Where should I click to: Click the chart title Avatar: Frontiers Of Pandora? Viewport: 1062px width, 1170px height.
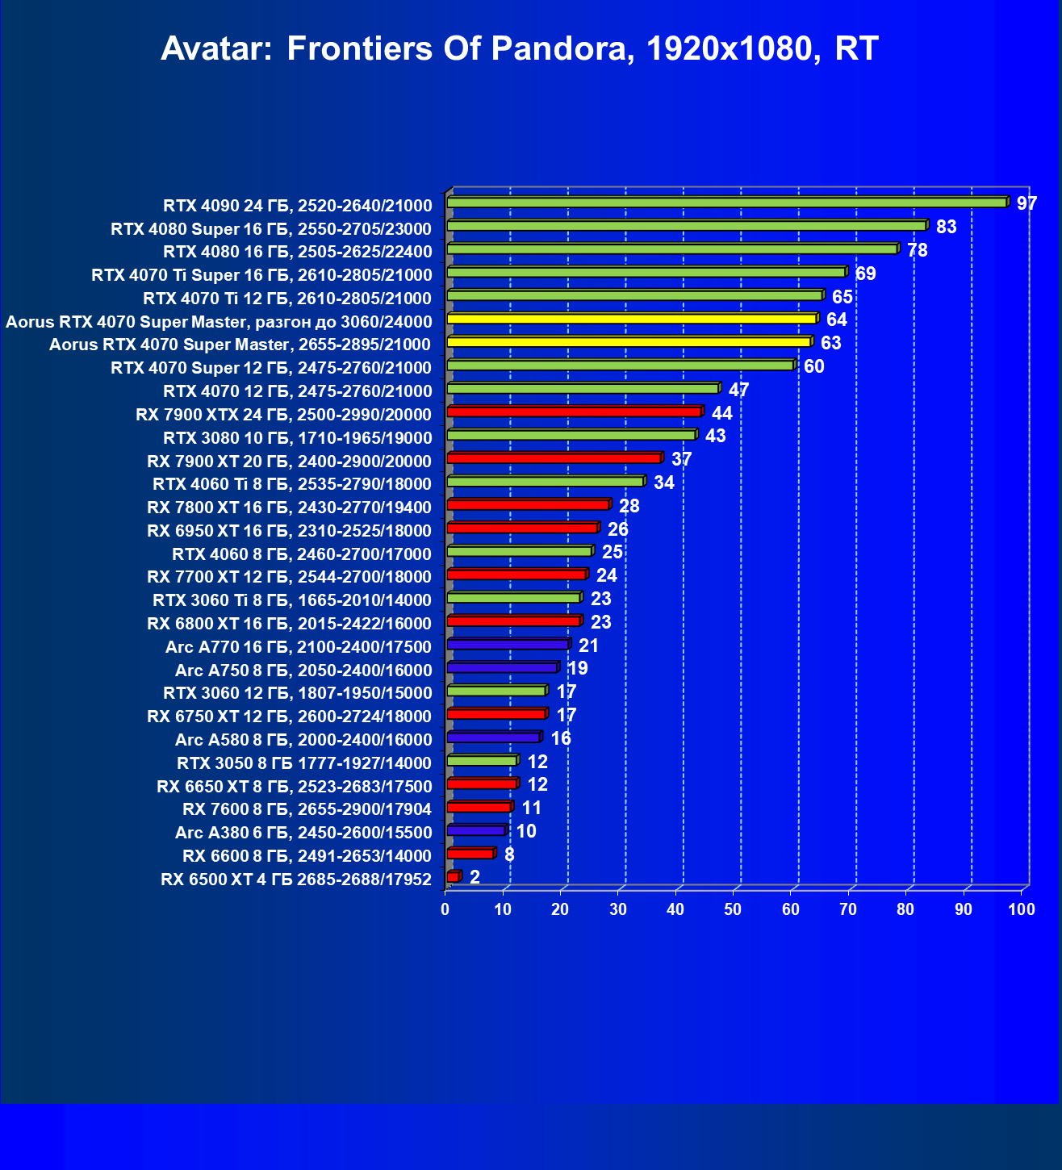click(519, 49)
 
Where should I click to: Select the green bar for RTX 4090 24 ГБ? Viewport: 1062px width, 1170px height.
click(726, 203)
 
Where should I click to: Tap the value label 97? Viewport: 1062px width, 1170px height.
click(1026, 203)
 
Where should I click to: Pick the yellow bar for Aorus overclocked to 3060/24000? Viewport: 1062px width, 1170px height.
click(632, 319)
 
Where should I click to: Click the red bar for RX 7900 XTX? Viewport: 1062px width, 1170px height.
click(574, 412)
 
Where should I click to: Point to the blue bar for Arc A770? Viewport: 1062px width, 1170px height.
click(508, 645)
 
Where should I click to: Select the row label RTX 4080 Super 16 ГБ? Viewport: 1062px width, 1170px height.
click(271, 229)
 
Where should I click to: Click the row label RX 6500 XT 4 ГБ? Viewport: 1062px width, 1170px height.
click(296, 880)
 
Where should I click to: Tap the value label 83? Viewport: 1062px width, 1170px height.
click(946, 227)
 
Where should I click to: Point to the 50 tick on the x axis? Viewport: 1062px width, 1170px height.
click(733, 910)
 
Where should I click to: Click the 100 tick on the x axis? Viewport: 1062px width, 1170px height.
click(1022, 910)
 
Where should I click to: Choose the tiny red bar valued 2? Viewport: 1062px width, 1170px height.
click(453, 877)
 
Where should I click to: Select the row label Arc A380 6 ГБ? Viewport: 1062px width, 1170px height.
click(303, 833)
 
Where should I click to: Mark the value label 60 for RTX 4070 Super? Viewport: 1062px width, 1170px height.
click(813, 366)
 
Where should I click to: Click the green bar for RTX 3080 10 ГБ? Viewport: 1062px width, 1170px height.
click(571, 435)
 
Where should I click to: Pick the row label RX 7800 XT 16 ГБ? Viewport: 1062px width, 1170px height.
click(289, 508)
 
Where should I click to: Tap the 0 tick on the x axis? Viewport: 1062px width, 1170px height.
click(445, 910)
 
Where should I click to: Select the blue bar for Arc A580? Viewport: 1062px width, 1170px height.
click(493, 738)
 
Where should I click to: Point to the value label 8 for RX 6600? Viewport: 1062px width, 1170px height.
click(509, 855)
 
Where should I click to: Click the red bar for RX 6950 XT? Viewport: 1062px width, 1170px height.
click(522, 529)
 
